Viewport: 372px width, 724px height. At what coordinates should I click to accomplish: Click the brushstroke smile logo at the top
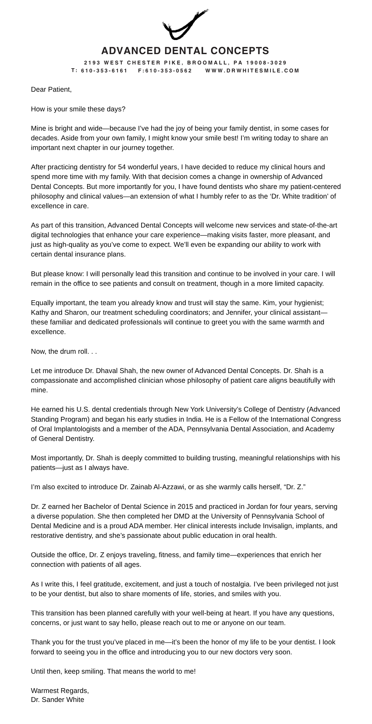tap(185, 25)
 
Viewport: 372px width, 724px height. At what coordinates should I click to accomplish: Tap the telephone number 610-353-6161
tap(104, 71)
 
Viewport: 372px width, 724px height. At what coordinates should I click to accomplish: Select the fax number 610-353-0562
tap(168, 71)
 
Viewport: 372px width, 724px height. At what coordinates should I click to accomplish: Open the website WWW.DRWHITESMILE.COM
tap(252, 71)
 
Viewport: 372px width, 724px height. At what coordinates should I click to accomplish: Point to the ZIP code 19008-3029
tap(266, 63)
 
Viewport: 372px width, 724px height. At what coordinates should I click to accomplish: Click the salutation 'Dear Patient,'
tap(51, 90)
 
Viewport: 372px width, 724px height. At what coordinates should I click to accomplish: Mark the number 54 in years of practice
tap(122, 167)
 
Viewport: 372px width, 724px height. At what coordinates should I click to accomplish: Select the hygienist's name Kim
tap(269, 303)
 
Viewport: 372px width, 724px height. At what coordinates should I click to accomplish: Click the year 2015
tap(185, 507)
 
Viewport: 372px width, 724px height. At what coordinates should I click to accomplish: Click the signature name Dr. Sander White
tap(58, 700)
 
